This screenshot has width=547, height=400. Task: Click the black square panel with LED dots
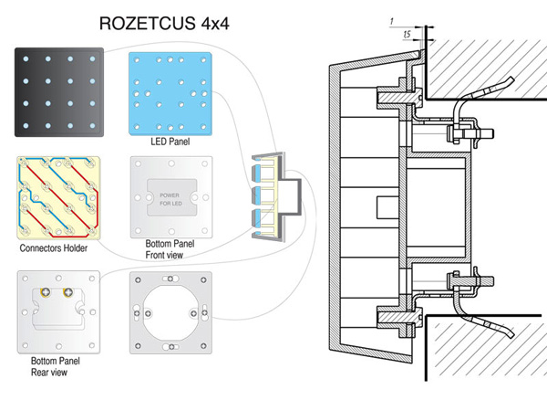click(56, 90)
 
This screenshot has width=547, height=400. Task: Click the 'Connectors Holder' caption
click(57, 248)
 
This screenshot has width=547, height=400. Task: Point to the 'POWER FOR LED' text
click(170, 198)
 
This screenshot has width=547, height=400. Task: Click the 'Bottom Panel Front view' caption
click(170, 251)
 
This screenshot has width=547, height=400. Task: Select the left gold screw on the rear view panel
click(43, 294)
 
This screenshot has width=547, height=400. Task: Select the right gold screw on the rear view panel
click(67, 294)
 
